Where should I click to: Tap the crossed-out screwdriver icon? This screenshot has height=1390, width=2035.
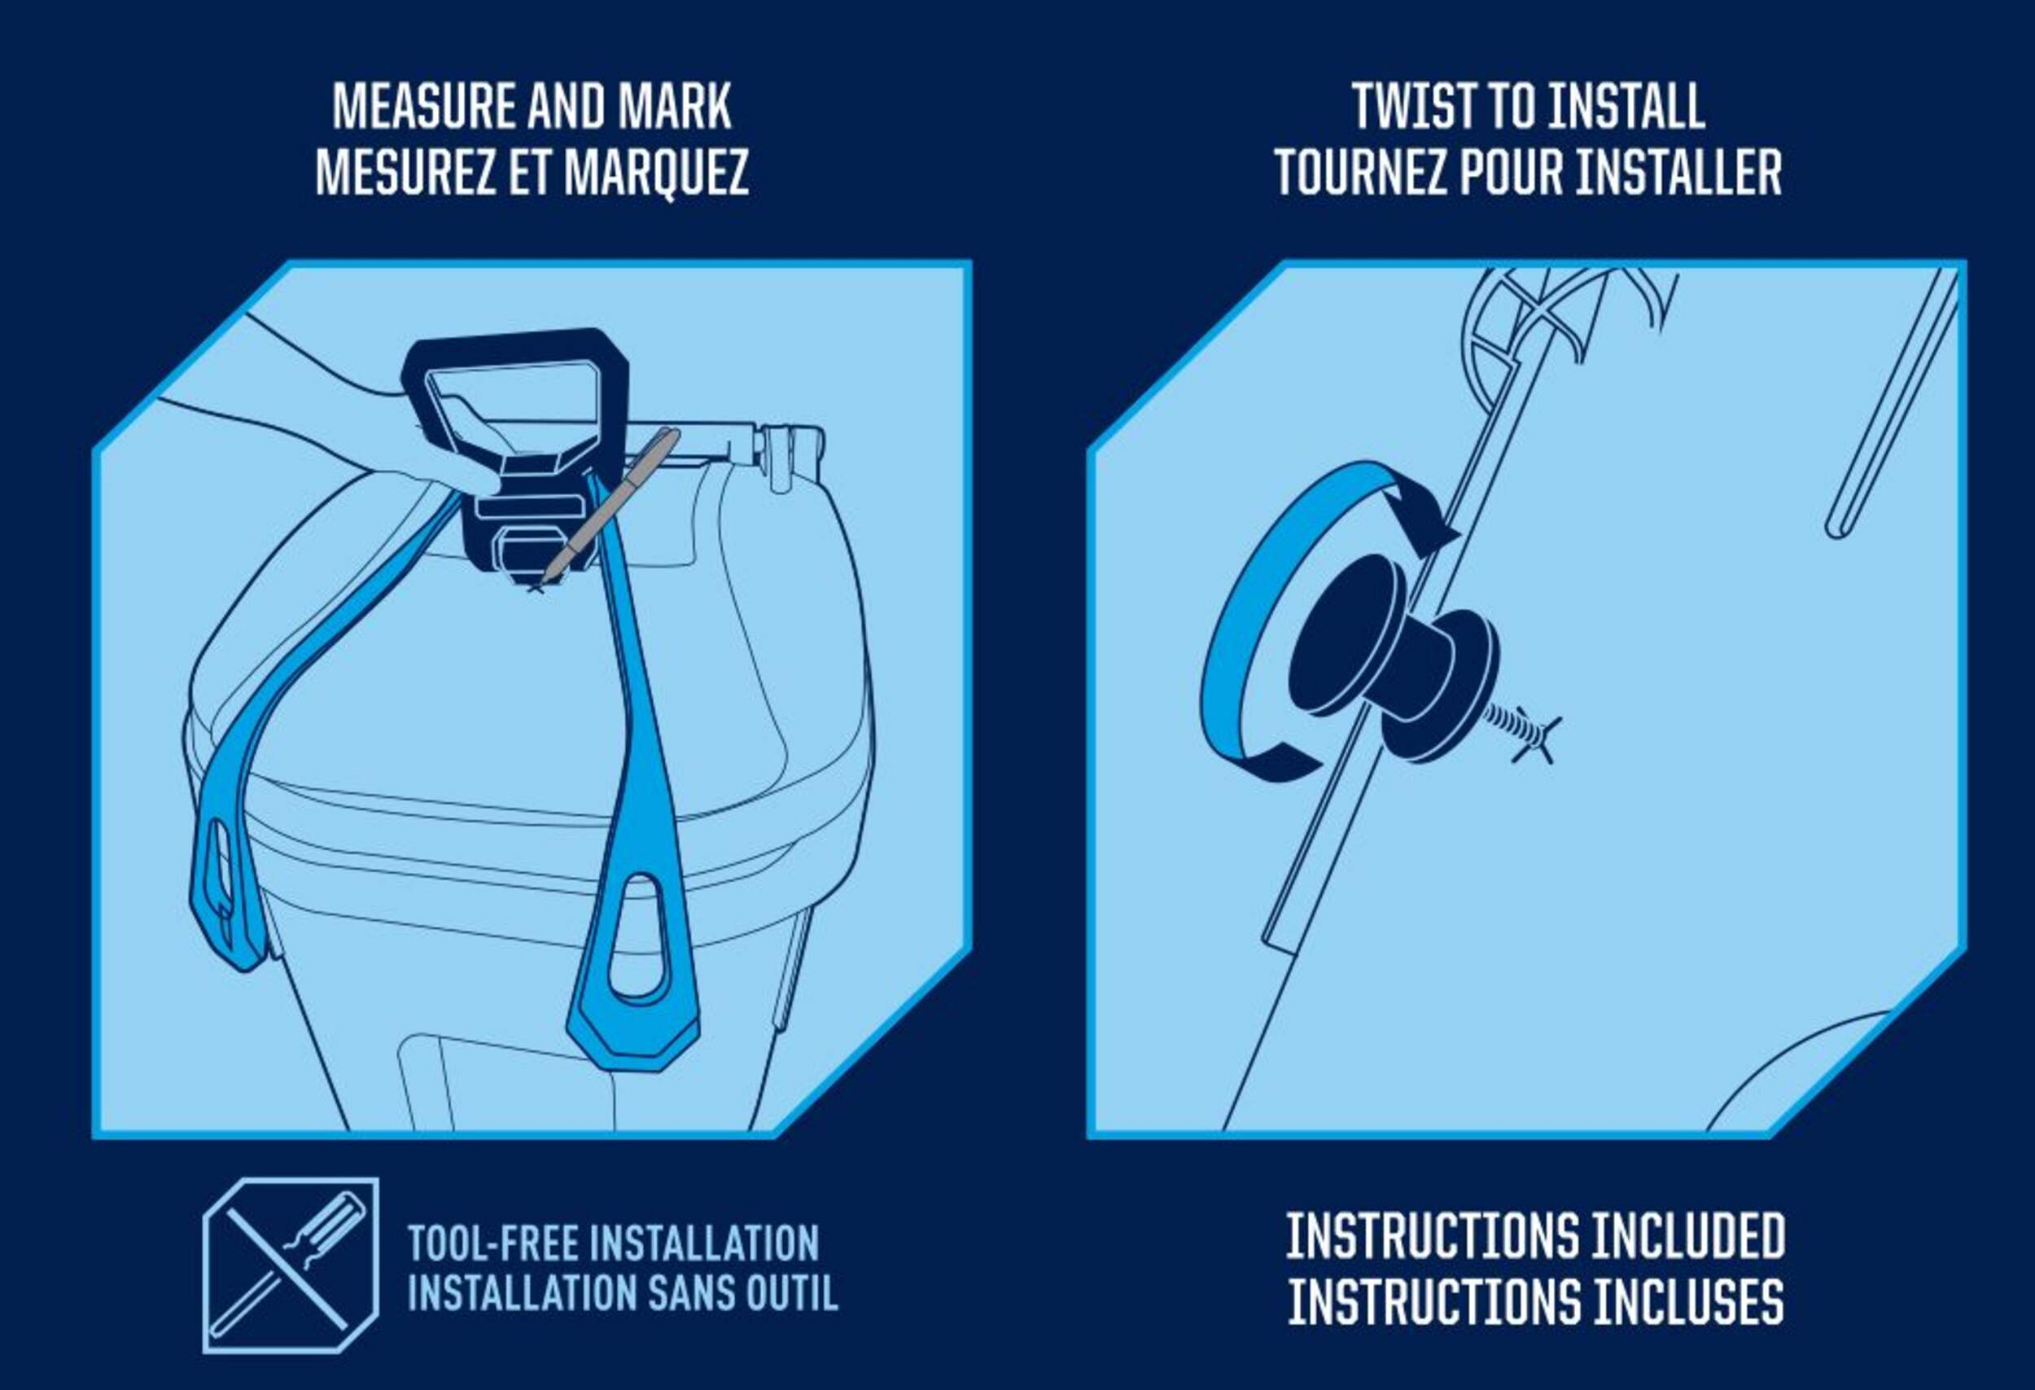(x=291, y=1265)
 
